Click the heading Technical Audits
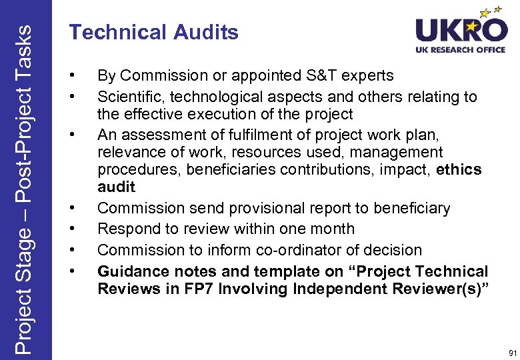(154, 33)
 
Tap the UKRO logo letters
(461, 31)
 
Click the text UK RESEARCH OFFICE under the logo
(461, 51)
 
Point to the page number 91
(511, 352)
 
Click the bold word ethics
(459, 169)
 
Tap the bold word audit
(116, 187)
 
